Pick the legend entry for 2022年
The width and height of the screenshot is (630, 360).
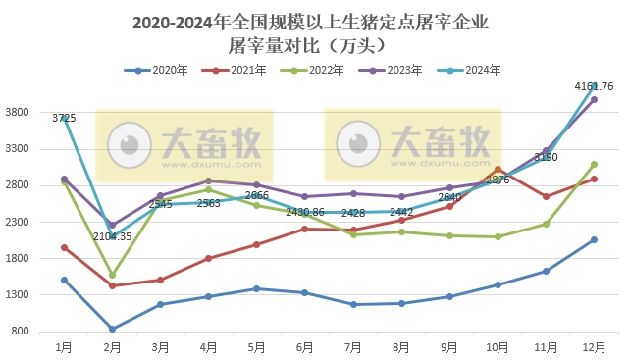click(x=313, y=70)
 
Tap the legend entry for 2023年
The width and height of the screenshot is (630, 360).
click(x=392, y=70)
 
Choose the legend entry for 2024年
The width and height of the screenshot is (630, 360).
click(x=469, y=70)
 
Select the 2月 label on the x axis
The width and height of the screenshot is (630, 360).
click(x=112, y=347)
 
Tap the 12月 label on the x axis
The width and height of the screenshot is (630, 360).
click(x=594, y=347)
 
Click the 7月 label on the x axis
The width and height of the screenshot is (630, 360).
click(x=353, y=347)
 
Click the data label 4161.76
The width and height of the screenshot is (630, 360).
click(x=594, y=87)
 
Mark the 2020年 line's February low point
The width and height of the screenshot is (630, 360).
click(x=112, y=329)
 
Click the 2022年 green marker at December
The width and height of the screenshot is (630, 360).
click(x=594, y=164)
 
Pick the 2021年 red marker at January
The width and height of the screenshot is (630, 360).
click(x=64, y=247)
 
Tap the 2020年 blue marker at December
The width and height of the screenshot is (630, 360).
click(x=594, y=239)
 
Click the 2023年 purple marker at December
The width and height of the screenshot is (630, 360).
click(x=594, y=99)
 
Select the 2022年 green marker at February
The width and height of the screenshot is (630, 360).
click(x=112, y=275)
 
